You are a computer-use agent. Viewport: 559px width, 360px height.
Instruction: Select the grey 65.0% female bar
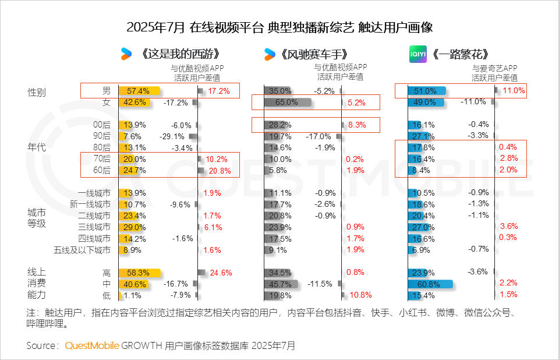pos(287,103)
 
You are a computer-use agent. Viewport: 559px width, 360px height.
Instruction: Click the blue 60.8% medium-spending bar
pos(431,284)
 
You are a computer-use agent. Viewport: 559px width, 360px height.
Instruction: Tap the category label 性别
pos(37,93)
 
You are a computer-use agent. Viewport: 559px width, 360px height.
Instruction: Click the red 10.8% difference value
pos(360,295)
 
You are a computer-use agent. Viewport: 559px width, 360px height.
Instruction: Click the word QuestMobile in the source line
pos(92,345)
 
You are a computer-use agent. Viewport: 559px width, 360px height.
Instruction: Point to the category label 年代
pos(37,147)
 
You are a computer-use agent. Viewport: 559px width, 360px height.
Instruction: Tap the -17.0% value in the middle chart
pos(319,136)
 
